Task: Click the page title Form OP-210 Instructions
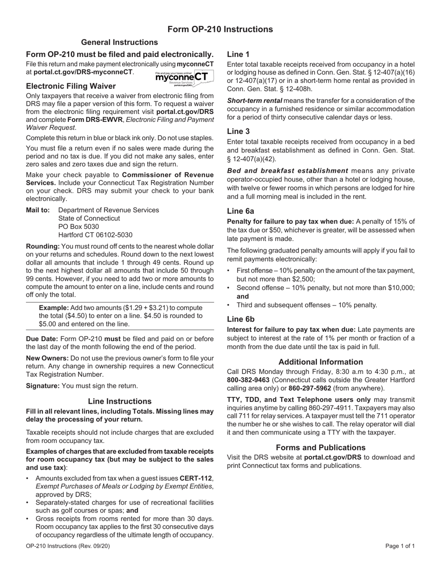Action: point(220,30)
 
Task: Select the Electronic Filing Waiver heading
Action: point(71,86)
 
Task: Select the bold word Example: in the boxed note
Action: point(54,308)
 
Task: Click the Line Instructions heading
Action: point(120,401)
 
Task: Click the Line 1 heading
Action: point(238,54)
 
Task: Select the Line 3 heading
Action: point(238,132)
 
